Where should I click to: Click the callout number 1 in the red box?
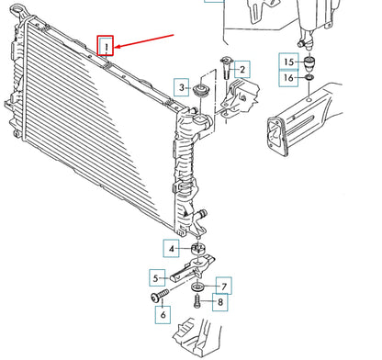(106, 46)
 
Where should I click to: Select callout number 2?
(242, 70)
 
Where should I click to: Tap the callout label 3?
(182, 87)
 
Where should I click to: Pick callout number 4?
(172, 249)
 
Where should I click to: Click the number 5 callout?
(156, 278)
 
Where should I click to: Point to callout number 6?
(163, 315)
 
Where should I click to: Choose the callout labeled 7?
(224, 287)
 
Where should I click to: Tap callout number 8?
(220, 302)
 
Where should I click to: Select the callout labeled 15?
(288, 62)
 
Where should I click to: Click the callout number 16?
(288, 78)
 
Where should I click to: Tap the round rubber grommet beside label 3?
(202, 90)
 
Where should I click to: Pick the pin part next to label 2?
(226, 68)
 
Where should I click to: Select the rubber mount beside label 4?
(198, 248)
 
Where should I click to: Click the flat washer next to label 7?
(198, 287)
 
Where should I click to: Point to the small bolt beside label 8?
(197, 301)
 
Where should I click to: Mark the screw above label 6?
(160, 295)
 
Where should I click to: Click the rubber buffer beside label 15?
(309, 63)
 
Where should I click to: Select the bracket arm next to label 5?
(192, 268)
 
